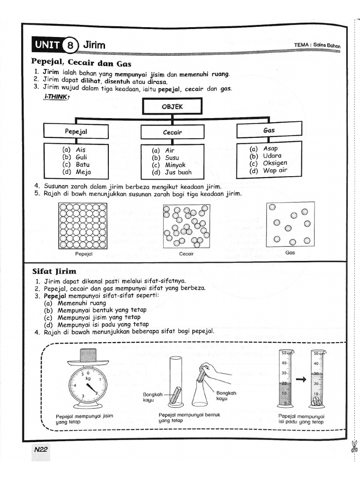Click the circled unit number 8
[70, 45]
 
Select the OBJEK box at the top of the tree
[172, 107]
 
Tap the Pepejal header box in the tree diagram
[76, 132]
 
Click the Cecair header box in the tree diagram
[172, 133]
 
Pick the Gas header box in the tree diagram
[269, 130]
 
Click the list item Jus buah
[178, 172]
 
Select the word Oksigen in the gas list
[275, 163]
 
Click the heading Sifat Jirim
[54, 271]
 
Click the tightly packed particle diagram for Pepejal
[82, 225]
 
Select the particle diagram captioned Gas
[290, 224]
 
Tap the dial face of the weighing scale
[87, 384]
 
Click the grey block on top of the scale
[88, 354]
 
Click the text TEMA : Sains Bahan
[317, 45]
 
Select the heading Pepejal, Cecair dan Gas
[81, 63]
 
